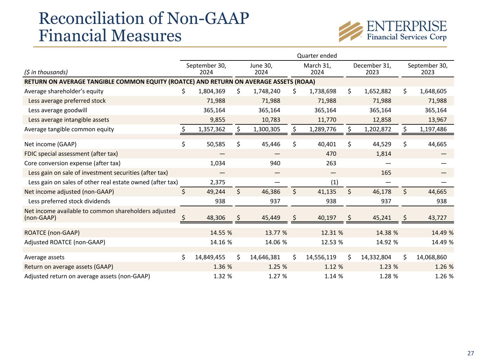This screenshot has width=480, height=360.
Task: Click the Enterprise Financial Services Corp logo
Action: tap(392, 31)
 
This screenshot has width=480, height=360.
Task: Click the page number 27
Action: tap(470, 353)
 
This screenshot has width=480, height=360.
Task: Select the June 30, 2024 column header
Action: tap(261, 69)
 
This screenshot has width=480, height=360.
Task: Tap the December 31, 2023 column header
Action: tap(372, 69)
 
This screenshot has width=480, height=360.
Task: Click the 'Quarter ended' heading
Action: tap(317, 56)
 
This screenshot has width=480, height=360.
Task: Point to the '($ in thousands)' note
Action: tap(46, 72)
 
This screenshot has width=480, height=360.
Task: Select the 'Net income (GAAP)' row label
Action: tap(50, 144)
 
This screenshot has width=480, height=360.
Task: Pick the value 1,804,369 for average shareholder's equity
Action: tap(210, 91)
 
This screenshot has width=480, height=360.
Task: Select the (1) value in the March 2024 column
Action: tap(334, 182)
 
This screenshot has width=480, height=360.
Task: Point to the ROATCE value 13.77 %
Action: tap(274, 232)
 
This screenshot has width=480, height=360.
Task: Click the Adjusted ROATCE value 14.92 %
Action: tap(385, 242)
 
